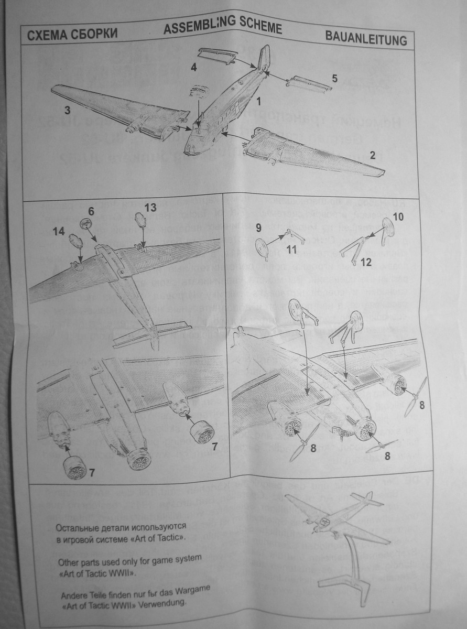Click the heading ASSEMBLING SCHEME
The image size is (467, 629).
click(x=222, y=28)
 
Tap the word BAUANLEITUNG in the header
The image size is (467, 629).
click(x=365, y=39)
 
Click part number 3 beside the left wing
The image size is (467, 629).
click(x=67, y=111)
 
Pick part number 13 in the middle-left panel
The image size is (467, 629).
click(x=150, y=208)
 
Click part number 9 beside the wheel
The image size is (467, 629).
click(x=258, y=227)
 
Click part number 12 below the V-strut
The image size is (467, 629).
click(x=366, y=262)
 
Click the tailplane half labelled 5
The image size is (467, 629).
click(x=307, y=82)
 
